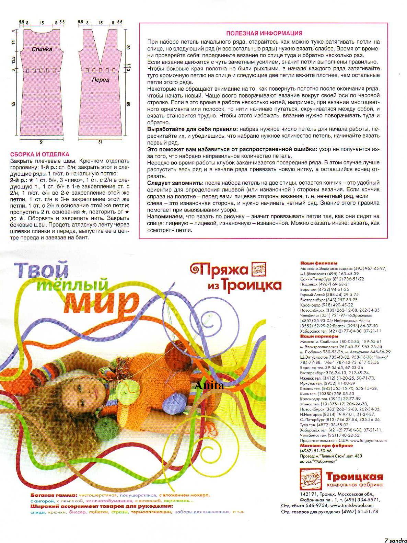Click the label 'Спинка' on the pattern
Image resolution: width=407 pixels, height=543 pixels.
coord(42,49)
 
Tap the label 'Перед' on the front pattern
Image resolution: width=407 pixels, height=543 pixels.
coord(101,80)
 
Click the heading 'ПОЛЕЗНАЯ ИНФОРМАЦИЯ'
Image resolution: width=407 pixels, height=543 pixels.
coord(264,33)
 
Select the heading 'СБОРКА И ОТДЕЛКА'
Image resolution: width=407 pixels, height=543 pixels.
coord(40,154)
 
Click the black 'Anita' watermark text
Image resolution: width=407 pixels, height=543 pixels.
coord(209,386)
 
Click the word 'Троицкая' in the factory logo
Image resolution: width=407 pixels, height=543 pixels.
coord(354,476)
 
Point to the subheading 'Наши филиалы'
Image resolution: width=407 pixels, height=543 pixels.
coord(314,263)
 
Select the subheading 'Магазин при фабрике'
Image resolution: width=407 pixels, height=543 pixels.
coord(326,446)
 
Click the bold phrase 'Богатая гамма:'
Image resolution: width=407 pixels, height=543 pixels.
coord(54,496)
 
